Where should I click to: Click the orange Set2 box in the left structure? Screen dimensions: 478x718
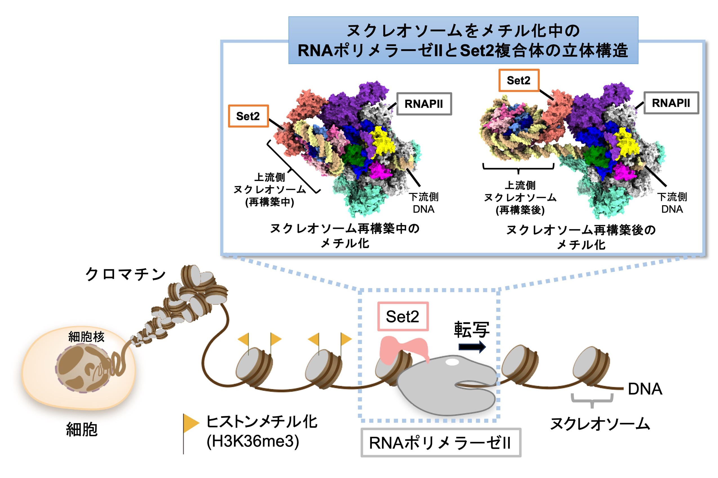click(248, 116)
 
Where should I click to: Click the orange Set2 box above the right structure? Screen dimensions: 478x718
click(519, 80)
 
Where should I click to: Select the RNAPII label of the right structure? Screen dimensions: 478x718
click(671, 103)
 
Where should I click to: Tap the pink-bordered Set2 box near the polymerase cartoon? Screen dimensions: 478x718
click(403, 316)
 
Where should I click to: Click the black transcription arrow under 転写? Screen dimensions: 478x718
click(472, 346)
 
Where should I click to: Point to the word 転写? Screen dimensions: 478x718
click(472, 330)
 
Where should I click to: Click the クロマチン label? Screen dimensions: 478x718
click(125, 274)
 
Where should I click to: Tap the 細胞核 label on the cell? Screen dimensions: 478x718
click(86, 337)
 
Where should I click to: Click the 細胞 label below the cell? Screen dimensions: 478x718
click(82, 430)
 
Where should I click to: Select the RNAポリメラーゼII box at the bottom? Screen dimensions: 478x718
click(440, 443)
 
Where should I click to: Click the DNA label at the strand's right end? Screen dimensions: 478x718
click(645, 389)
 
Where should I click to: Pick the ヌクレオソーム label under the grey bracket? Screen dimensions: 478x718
click(600, 424)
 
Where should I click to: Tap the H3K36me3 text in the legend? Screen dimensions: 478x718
click(253, 441)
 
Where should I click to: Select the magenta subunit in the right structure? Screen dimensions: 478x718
click(625, 172)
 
